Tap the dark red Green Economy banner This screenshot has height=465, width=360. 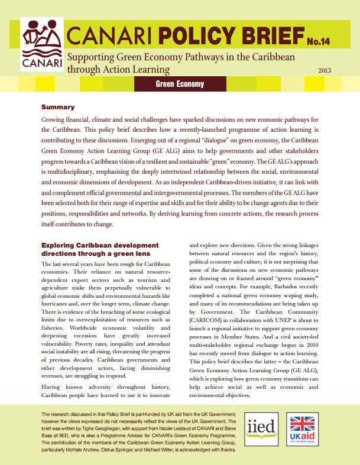179,84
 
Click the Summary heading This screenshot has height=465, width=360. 57,108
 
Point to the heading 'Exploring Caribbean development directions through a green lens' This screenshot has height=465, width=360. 100,249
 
